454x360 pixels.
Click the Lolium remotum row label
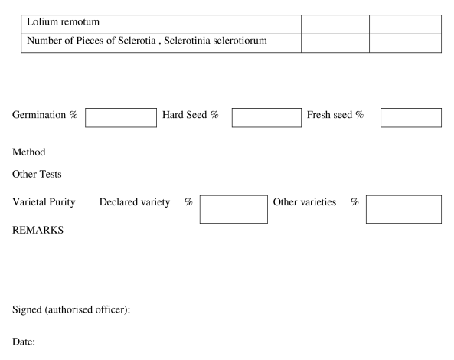coord(63,21)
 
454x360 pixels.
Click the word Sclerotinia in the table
coord(187,41)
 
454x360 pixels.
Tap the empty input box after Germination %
coord(121,118)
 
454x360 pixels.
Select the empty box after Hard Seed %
coord(266,118)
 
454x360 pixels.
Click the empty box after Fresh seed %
coord(411,118)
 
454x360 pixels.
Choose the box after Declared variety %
coord(234,209)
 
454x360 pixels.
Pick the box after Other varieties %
coord(404,209)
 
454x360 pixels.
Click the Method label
coord(29,152)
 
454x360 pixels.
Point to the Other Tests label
coord(37,174)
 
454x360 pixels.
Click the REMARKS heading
coord(38,230)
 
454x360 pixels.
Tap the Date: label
coord(24,342)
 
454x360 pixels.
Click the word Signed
coord(27,309)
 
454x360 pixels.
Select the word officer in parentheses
coord(110,309)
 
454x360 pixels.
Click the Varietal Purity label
coord(44,202)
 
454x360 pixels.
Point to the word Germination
coord(39,115)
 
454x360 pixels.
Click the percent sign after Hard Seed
coord(214,115)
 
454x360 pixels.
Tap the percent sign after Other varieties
coord(354,201)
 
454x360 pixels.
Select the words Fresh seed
coord(329,115)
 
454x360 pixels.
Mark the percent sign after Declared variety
coord(188,201)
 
